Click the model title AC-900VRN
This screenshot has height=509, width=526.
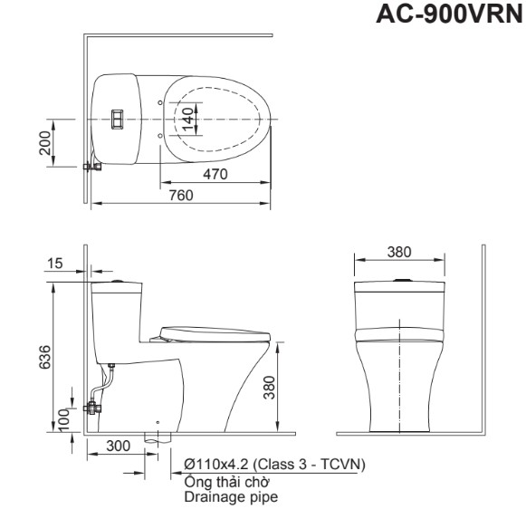coord(451,14)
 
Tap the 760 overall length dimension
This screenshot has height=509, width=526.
coord(181,195)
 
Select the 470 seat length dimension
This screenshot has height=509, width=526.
coord(215,174)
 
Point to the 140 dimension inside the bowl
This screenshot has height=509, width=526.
coord(188,120)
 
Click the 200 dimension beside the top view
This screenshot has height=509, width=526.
coord(45,143)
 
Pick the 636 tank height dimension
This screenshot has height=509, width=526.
coord(45,357)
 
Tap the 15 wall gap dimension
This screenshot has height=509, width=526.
coord(55,264)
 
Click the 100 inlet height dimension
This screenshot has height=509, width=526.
coord(62,419)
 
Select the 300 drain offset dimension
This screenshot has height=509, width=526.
coord(118,446)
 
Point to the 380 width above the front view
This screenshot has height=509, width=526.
coord(399,252)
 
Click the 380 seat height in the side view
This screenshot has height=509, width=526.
coord(269,387)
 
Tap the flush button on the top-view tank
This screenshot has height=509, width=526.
coord(117,120)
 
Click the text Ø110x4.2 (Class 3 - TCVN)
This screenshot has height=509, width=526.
coord(274,465)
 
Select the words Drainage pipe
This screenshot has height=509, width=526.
coord(231,496)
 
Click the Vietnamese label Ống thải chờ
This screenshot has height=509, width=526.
coord(227,482)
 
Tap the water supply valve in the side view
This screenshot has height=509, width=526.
coord(92,408)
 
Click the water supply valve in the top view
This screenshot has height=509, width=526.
coord(92,166)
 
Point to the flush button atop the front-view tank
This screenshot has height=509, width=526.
coord(400,280)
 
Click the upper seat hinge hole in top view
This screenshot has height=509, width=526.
coord(160,102)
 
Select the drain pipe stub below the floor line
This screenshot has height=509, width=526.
coord(158,438)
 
